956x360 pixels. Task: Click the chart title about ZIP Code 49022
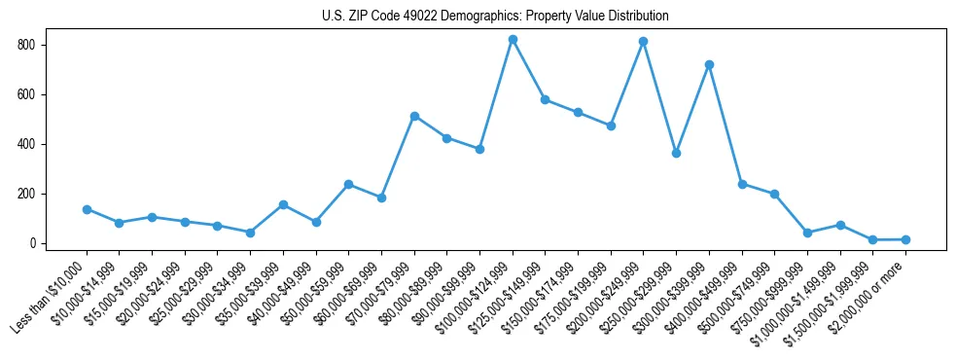tap(495, 17)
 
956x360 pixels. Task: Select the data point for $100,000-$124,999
tap(513, 40)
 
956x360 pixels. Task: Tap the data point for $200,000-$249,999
tap(644, 42)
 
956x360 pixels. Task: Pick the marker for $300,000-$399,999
tap(709, 65)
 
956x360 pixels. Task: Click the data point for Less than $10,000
tap(87, 209)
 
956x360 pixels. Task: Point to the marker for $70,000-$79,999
tap(414, 116)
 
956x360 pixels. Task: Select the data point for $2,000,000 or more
tap(905, 239)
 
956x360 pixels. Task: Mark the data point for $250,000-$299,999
tap(676, 153)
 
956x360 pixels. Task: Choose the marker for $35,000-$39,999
tap(283, 204)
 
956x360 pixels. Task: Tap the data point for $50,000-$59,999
tap(348, 184)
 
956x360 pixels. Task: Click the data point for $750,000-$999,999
tap(807, 233)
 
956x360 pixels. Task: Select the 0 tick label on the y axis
tap(33, 243)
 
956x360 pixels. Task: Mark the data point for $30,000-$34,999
tap(250, 233)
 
